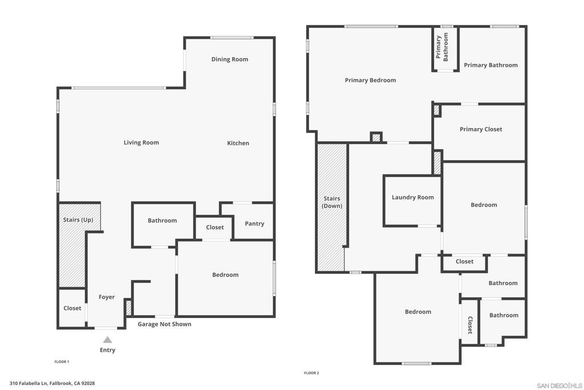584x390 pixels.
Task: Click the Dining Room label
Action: (x=229, y=59)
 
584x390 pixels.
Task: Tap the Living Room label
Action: (x=141, y=142)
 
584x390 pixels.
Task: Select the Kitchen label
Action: (x=238, y=143)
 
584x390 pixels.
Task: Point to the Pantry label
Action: (x=254, y=224)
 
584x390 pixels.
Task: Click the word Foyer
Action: (x=107, y=297)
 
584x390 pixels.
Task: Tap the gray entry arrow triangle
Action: (x=107, y=340)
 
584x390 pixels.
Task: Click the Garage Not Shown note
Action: (x=164, y=324)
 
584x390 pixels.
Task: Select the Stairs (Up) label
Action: (x=78, y=220)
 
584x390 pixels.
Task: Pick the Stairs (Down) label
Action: (x=332, y=202)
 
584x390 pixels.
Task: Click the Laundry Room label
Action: (x=413, y=198)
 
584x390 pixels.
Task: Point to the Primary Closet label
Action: (x=481, y=130)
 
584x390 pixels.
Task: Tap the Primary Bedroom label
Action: (x=370, y=80)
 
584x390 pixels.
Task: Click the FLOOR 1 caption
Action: (x=62, y=361)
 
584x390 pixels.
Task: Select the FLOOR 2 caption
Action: (x=311, y=373)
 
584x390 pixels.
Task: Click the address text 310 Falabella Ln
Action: (x=29, y=383)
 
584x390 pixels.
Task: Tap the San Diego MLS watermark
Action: (x=559, y=385)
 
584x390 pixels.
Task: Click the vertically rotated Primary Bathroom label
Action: (x=442, y=47)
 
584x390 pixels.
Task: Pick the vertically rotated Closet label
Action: (x=470, y=325)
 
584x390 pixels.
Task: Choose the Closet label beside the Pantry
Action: (x=215, y=227)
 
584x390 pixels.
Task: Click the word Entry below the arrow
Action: (x=107, y=350)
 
